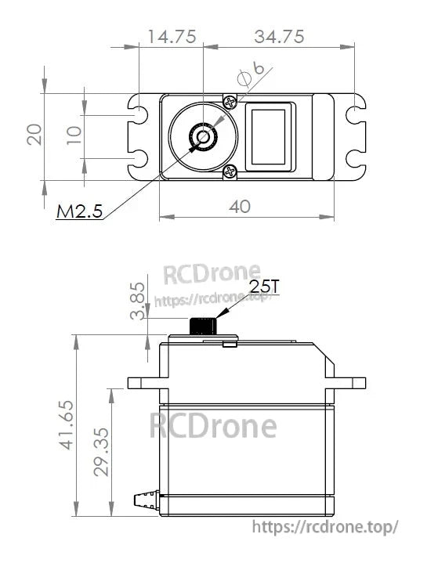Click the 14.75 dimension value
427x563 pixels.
pyautogui.click(x=170, y=36)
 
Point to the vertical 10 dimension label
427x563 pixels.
pyautogui.click(x=74, y=135)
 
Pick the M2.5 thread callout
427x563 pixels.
pyautogui.click(x=79, y=211)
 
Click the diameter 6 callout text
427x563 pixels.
pyautogui.click(x=249, y=76)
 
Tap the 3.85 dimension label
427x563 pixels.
pyautogui.click(x=138, y=301)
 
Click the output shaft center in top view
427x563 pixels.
pyautogui.click(x=203, y=137)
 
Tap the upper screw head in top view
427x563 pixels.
pyautogui.click(x=229, y=103)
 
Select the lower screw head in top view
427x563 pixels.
pyautogui.click(x=230, y=171)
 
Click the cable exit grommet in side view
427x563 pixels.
pyautogui.click(x=146, y=498)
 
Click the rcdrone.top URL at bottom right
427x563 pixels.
pyautogui.click(x=327, y=528)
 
